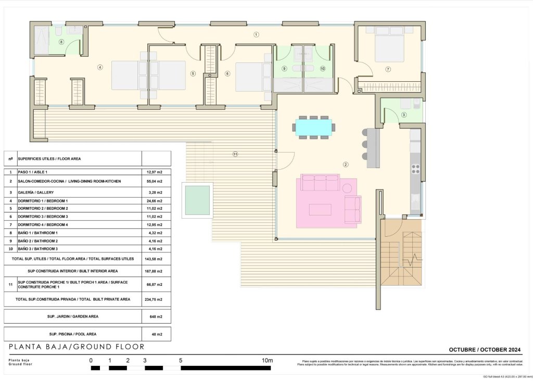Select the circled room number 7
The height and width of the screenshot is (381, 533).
(388, 69)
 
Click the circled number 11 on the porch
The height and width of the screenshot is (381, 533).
(235, 154)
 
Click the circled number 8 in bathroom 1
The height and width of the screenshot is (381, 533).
(61, 42)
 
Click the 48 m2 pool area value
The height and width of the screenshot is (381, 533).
(156, 334)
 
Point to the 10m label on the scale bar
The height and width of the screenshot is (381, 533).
(267, 360)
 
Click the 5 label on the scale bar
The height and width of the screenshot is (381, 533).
(180, 360)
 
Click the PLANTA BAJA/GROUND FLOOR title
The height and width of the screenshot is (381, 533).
(77, 347)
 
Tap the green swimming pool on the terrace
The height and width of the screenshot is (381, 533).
(197, 199)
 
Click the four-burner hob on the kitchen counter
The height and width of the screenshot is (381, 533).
(416, 168)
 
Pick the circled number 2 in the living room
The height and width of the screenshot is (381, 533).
(345, 165)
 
